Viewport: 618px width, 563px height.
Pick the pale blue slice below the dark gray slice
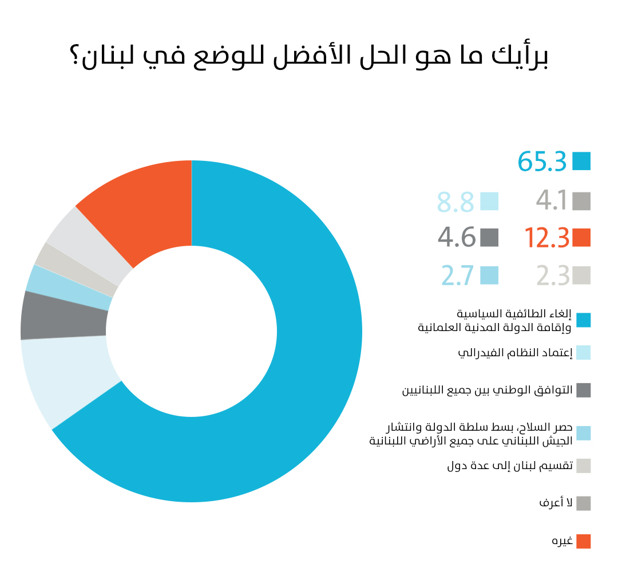click(69, 378)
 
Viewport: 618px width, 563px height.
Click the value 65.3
click(542, 162)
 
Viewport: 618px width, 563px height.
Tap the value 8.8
click(455, 202)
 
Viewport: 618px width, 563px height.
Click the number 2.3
click(553, 276)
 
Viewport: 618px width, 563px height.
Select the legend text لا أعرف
click(556, 503)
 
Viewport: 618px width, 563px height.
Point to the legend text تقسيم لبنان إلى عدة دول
click(510, 465)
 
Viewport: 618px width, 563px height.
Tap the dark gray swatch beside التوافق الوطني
click(583, 390)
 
